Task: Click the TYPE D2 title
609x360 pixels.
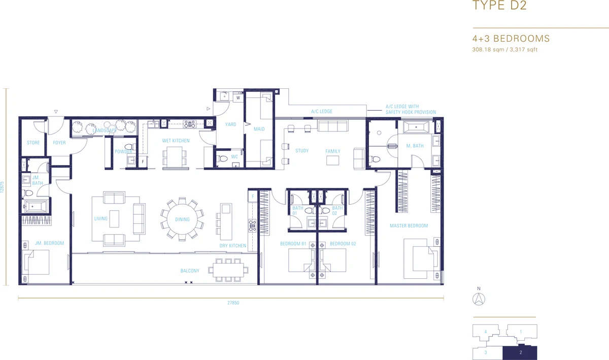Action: coord(499,5)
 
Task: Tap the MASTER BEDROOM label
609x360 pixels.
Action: coord(409,225)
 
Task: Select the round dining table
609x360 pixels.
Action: coord(182,219)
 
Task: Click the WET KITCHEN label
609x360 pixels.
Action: coord(176,141)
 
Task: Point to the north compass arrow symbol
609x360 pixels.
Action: coord(479,299)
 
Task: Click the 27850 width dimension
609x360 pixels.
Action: coord(233,303)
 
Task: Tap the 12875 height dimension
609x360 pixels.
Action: coord(2,187)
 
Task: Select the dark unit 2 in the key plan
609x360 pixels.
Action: coord(520,353)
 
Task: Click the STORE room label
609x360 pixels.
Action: coord(33,143)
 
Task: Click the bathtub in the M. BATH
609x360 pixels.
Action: coord(416,127)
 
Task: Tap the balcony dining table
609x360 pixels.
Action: coord(228,270)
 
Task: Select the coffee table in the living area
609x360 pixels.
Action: coord(114,218)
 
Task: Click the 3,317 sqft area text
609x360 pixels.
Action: coord(523,50)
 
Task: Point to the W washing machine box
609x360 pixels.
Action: coord(238,97)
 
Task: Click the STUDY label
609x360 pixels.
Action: coord(302,151)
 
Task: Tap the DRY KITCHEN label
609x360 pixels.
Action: coord(233,246)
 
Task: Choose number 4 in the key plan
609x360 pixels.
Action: coord(486,332)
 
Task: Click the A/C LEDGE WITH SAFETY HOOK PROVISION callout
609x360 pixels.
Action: coord(411,109)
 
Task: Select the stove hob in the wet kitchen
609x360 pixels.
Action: coord(189,124)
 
